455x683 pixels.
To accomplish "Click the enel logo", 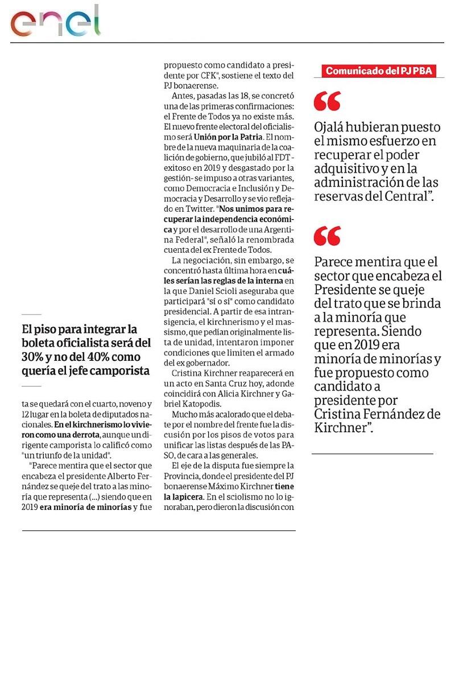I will [55, 22].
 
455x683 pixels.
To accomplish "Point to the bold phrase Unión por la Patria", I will [228, 137].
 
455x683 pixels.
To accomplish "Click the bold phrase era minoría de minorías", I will [85, 507].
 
